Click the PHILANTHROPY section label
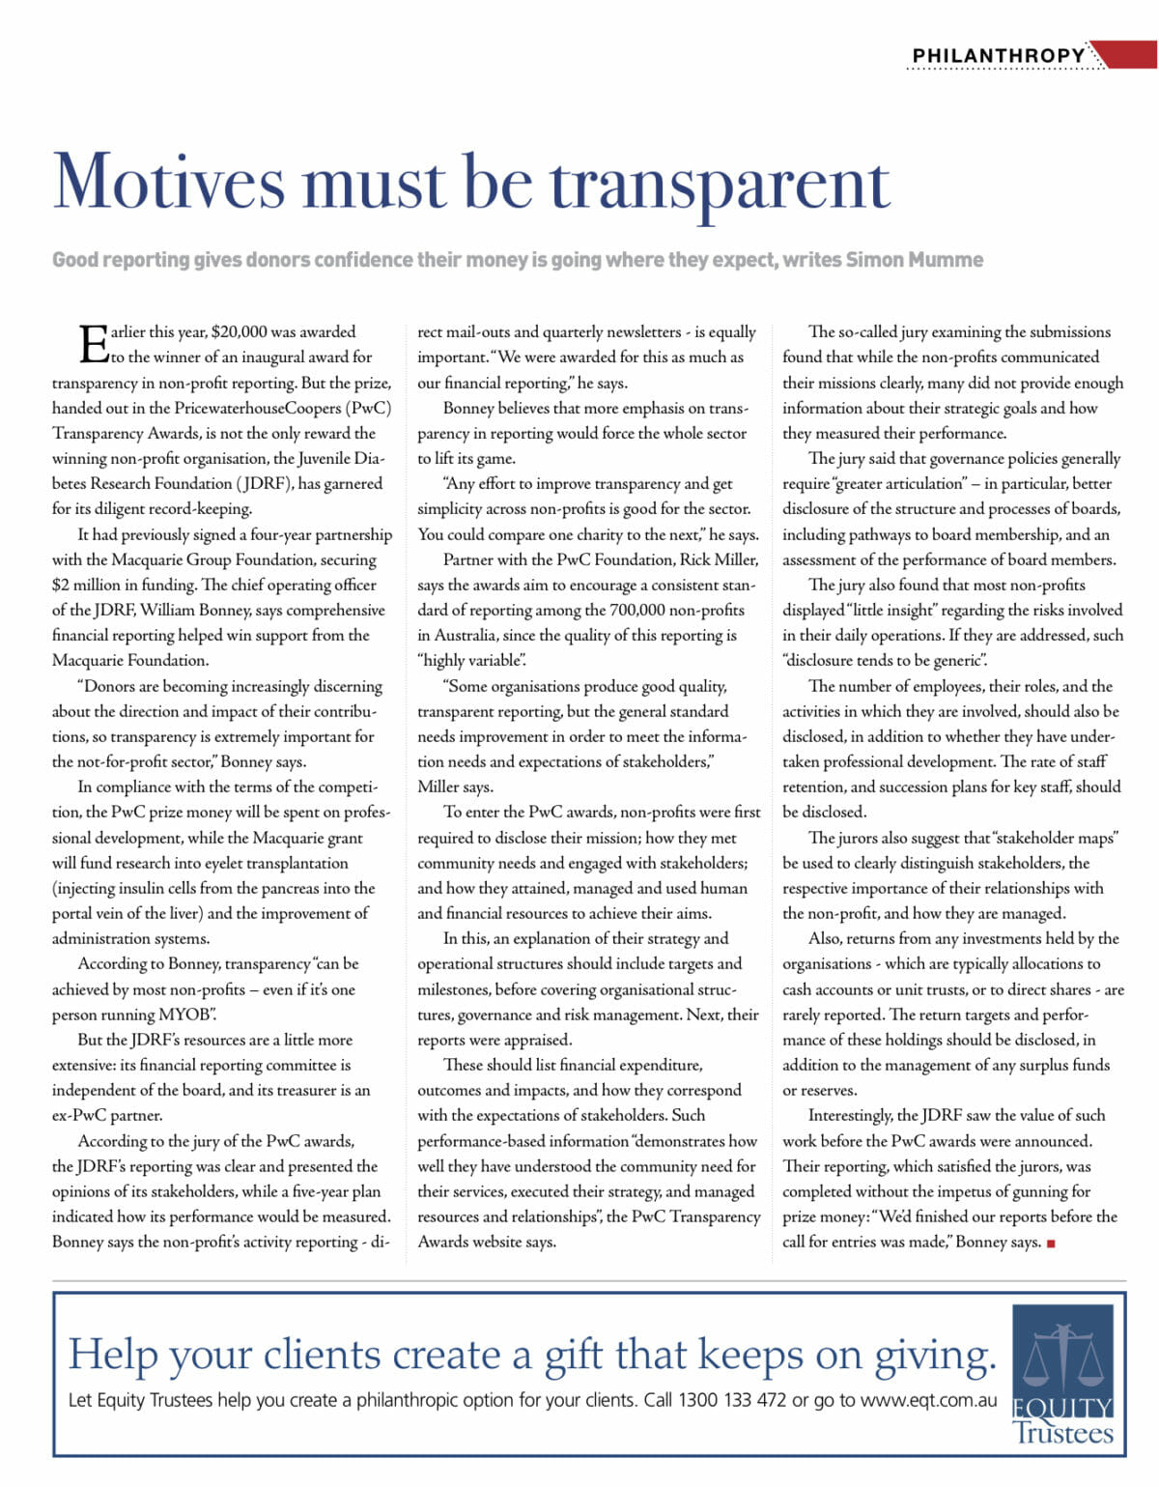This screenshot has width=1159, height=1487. tap(999, 55)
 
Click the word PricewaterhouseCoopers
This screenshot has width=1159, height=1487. tap(257, 408)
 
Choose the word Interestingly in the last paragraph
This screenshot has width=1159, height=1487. tap(850, 1115)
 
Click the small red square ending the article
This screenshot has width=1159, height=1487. tap(1051, 1244)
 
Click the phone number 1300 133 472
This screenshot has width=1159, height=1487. tap(732, 1400)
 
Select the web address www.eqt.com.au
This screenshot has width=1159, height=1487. tap(928, 1400)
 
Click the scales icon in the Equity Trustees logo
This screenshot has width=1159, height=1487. tap(1062, 1353)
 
